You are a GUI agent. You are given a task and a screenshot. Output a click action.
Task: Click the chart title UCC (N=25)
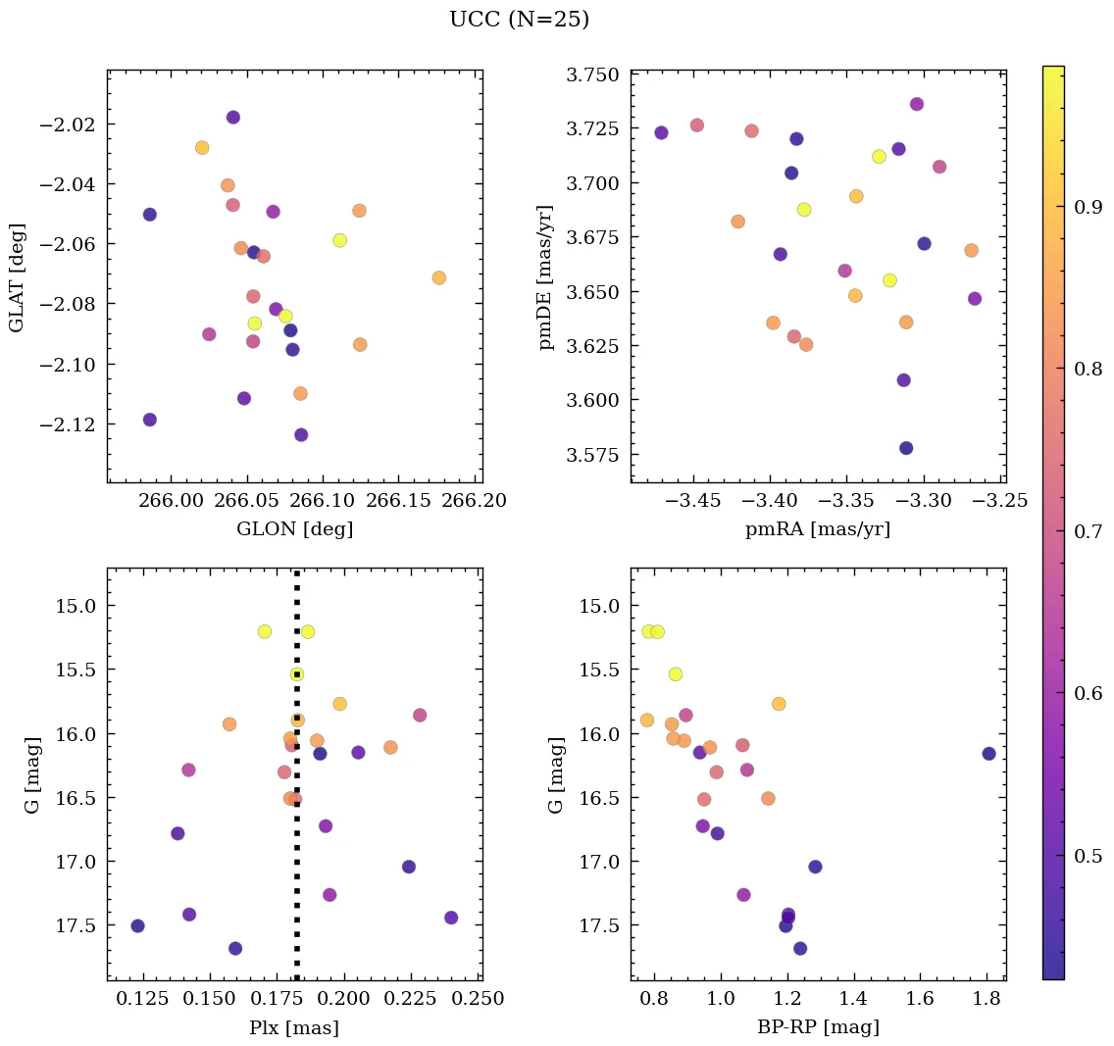coord(519,20)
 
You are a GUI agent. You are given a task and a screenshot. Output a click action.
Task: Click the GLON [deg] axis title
coord(294,529)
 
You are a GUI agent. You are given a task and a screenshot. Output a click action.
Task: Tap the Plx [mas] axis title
coord(294,1027)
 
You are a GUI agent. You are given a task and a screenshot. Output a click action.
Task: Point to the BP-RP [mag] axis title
coord(818,1027)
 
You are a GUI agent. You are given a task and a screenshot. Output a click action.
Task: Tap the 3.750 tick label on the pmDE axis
coord(591,75)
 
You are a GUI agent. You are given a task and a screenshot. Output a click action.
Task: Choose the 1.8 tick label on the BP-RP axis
coord(987,999)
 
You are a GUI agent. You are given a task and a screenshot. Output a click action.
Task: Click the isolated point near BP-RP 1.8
coord(988,753)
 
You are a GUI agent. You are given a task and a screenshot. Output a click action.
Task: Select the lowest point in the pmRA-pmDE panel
coord(906,448)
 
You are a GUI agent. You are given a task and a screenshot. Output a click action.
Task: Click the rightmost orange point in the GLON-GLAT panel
coord(438,277)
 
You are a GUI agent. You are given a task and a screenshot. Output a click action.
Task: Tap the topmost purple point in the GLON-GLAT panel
coord(233,118)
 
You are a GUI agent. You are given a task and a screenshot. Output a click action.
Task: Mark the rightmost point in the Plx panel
coord(451,918)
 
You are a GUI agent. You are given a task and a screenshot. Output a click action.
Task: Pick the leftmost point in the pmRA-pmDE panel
coord(661,132)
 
